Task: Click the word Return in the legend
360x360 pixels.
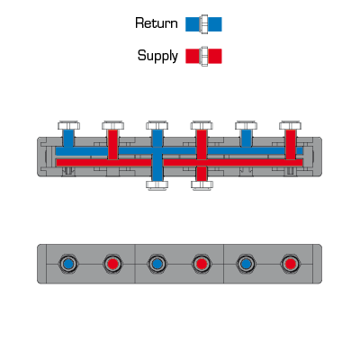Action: point(157,23)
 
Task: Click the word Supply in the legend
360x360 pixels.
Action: point(157,56)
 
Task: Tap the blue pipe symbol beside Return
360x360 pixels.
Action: point(203,24)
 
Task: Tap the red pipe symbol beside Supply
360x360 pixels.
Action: point(203,56)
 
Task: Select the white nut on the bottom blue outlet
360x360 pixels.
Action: point(157,184)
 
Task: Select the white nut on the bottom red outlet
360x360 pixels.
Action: point(202,184)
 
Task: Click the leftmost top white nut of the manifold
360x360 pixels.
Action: point(68,125)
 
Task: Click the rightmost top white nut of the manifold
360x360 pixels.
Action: point(290,125)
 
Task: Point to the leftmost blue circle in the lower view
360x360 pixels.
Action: point(68,264)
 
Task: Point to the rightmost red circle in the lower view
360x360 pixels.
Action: point(290,264)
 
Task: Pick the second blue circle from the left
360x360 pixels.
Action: point(157,264)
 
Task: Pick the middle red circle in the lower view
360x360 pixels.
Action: point(202,264)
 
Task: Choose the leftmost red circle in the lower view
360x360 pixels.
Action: point(112,264)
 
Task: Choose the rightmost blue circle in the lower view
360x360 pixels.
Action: point(246,264)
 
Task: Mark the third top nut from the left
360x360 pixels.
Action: point(157,125)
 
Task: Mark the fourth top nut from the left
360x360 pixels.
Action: point(202,125)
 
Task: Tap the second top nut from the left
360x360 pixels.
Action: point(112,125)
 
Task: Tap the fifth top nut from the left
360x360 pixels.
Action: point(246,125)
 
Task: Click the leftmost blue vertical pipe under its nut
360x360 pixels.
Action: point(68,139)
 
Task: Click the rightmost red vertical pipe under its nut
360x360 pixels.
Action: point(291,144)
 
